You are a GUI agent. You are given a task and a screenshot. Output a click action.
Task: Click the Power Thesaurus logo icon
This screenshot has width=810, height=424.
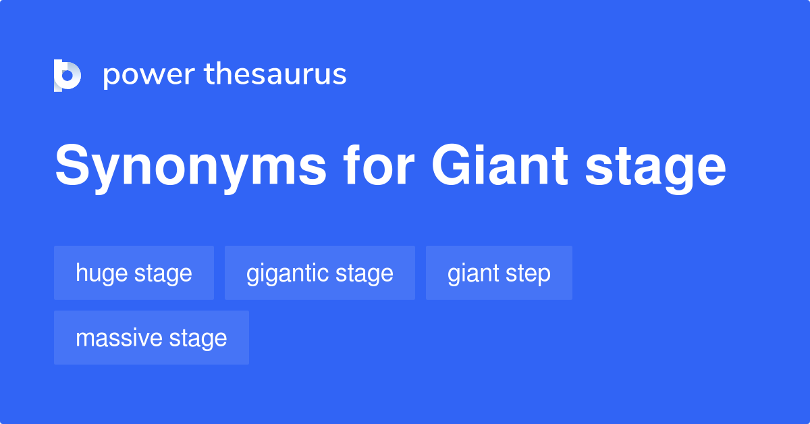67,75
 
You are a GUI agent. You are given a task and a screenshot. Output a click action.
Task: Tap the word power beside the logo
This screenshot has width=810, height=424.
148,75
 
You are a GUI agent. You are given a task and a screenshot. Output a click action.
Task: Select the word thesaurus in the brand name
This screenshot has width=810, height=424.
276,75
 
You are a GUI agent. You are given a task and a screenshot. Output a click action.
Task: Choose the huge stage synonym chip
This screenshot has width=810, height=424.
134,273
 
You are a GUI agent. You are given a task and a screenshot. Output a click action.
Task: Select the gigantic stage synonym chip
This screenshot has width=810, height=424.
320,273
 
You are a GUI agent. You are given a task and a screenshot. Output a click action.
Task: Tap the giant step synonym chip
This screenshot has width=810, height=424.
499,273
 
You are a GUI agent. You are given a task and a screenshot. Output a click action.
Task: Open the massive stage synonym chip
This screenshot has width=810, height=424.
151,338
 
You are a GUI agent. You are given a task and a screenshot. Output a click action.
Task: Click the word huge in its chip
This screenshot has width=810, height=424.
101,273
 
